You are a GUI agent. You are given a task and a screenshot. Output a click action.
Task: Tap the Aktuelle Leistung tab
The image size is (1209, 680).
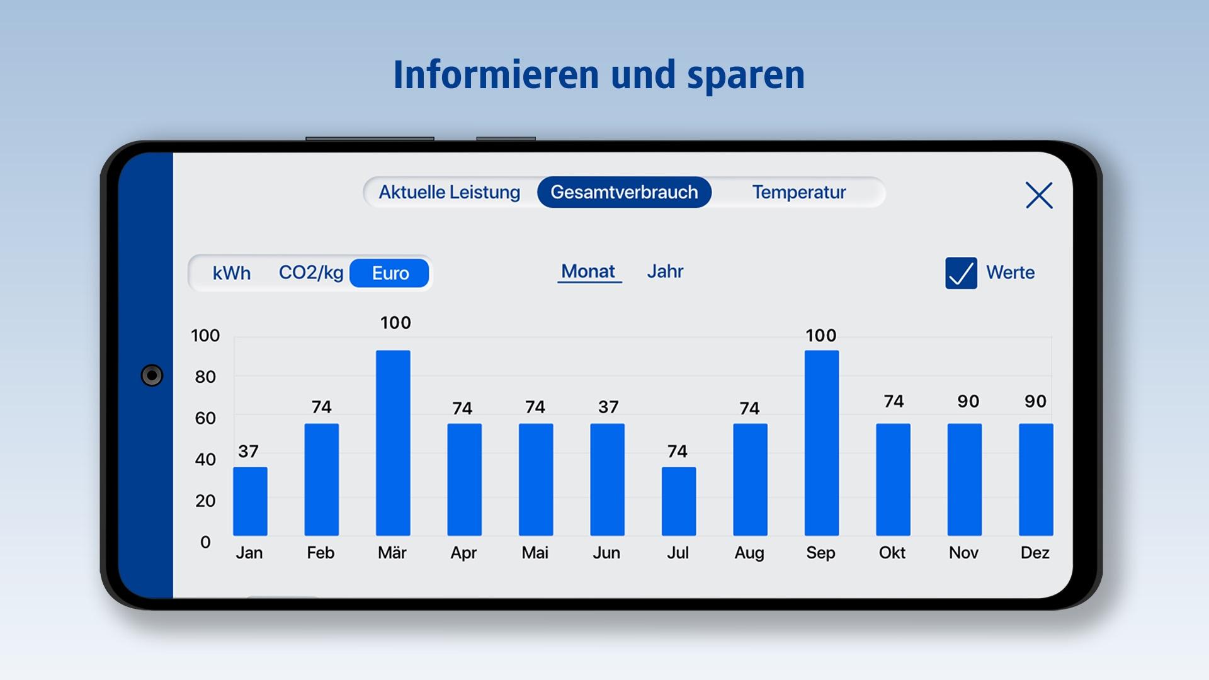coord(449,192)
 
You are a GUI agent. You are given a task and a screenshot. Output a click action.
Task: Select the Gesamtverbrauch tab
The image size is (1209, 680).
coord(624,192)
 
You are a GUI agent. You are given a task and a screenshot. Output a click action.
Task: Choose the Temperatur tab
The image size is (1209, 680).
coord(798,192)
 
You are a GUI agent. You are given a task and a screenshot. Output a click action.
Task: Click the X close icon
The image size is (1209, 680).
coord(1038,195)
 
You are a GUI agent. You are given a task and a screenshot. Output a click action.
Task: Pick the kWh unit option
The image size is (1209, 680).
coord(231,273)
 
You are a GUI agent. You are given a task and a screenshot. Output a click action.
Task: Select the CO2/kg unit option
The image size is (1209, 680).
coord(311,273)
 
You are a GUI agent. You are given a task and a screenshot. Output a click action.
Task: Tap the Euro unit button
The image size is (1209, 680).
coord(390,273)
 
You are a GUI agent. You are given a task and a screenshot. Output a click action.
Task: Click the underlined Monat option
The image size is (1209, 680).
coord(588,271)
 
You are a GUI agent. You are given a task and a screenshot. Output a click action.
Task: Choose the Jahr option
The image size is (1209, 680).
coord(664,271)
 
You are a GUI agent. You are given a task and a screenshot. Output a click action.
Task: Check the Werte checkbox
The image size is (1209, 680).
coord(961,273)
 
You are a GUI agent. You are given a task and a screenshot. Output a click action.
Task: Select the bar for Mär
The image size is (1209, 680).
coord(393,443)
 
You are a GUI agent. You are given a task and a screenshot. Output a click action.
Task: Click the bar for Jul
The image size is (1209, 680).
coord(678,501)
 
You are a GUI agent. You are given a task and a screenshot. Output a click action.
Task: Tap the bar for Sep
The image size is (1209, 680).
coord(821,443)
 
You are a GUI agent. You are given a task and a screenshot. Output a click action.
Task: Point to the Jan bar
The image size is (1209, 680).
coord(250,501)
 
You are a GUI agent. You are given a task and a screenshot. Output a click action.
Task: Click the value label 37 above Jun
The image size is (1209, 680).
coord(608,407)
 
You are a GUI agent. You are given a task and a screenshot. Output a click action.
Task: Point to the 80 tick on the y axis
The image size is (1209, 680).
coord(205,377)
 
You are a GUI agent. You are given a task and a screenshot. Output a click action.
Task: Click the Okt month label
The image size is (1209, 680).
coord(892,553)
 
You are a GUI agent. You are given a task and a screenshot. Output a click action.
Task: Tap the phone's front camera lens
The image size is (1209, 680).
coord(152,375)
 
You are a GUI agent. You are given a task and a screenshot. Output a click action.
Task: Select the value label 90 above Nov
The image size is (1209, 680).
coord(968,402)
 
